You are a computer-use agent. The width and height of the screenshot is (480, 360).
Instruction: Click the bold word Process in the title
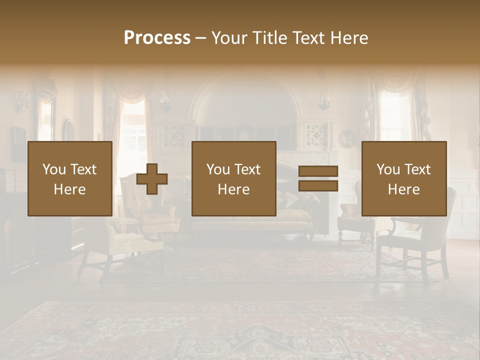click(157, 38)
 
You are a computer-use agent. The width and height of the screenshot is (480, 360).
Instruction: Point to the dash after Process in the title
click(201, 38)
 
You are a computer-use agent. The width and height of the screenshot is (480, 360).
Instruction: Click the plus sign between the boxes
click(152, 179)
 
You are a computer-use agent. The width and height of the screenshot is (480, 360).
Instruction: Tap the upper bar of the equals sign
click(318, 171)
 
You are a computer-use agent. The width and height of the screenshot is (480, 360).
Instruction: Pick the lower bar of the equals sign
click(318, 186)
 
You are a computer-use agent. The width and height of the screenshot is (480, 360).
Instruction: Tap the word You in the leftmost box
click(54, 169)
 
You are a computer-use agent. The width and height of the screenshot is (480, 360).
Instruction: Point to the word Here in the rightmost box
click(404, 189)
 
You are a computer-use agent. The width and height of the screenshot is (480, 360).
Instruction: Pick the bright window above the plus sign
click(132, 125)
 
